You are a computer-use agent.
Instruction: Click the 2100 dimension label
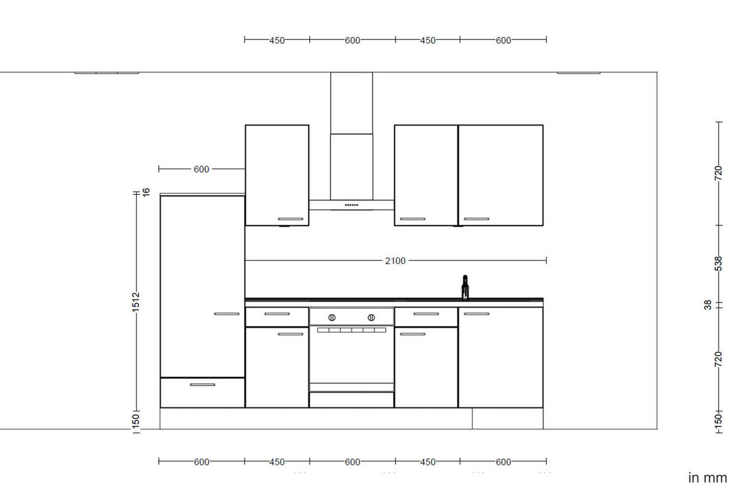tap(395, 261)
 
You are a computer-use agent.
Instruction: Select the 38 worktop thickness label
tap(708, 304)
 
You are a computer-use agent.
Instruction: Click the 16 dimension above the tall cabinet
tap(146, 192)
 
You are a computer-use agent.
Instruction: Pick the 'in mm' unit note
tap(707, 477)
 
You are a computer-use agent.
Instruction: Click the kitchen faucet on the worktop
tap(465, 287)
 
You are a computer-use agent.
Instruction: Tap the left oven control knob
tap(332, 317)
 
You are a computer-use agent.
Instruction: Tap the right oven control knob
tap(371, 317)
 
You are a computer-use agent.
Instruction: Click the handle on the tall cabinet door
tap(227, 314)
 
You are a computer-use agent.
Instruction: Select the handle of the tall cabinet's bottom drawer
tap(203, 384)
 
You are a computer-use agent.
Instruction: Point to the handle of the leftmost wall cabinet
tap(291, 219)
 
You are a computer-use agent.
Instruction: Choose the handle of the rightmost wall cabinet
tap(477, 219)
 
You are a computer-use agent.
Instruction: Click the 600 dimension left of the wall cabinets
tap(201, 169)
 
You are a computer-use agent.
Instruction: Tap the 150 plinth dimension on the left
tap(136, 421)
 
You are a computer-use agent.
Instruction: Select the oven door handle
tap(351, 330)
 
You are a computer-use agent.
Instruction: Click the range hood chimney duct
tap(351, 135)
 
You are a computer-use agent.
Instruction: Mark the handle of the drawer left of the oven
tap(277, 314)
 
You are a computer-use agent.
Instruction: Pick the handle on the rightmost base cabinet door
tap(477, 314)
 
